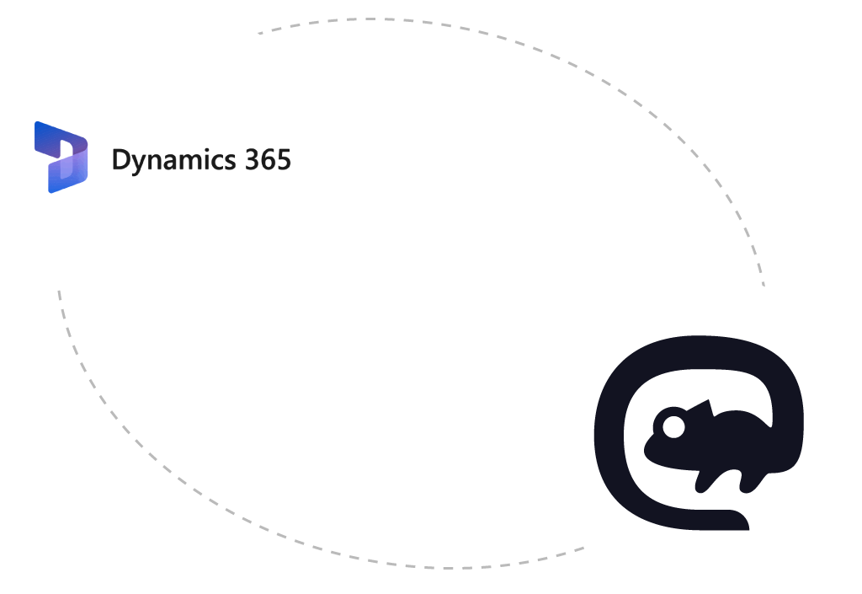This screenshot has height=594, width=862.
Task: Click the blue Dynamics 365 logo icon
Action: pyautogui.click(x=61, y=158)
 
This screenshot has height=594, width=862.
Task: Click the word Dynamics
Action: pyautogui.click(x=173, y=161)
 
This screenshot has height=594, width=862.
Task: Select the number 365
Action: pyautogui.click(x=268, y=159)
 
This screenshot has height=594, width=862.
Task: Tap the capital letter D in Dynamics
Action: pyautogui.click(x=121, y=159)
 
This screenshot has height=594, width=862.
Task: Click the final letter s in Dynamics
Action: pyautogui.click(x=229, y=163)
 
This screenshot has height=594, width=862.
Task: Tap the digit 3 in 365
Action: pyautogui.click(x=252, y=159)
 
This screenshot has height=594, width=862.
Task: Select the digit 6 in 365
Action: pyautogui.click(x=268, y=159)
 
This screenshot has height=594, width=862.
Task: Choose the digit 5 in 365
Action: pyautogui.click(x=284, y=159)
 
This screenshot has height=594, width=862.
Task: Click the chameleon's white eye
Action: pyautogui.click(x=673, y=427)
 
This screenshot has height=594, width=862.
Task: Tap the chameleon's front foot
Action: pyautogui.click(x=700, y=488)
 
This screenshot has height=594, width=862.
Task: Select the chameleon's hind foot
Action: pyautogui.click(x=746, y=488)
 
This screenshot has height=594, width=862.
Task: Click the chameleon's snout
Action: pyautogui.click(x=647, y=454)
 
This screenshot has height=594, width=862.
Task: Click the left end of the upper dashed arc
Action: pyautogui.click(x=259, y=34)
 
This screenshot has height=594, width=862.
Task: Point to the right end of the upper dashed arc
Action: pyautogui.click(x=764, y=285)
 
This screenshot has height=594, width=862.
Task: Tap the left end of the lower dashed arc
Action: pyautogui.click(x=59, y=292)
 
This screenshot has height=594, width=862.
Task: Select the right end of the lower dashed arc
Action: pyautogui.click(x=583, y=548)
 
